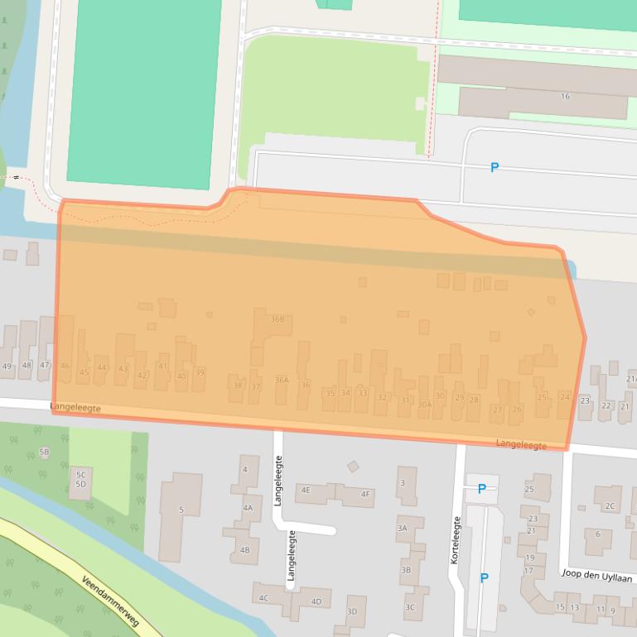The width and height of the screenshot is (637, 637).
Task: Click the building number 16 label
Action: [565, 97]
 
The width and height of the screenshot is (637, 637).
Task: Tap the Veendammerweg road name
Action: [110, 601]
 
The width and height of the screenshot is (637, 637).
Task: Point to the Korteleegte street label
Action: [455, 540]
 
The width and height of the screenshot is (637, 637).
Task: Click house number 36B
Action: [277, 319]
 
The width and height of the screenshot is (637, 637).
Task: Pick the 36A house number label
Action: [282, 381]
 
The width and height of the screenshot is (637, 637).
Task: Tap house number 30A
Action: [424, 405]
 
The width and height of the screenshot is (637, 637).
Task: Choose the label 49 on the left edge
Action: [7, 366]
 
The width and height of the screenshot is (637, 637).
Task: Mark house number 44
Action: [102, 368]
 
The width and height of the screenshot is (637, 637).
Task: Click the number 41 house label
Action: [162, 366]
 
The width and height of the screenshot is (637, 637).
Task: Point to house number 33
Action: [362, 393]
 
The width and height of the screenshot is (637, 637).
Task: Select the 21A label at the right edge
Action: [631, 378]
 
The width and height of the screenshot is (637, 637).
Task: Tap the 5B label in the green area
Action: [44, 453]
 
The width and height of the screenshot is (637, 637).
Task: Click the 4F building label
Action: [365, 495]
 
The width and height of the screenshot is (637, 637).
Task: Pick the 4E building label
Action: [306, 490]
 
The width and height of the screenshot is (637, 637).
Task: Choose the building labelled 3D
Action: [352, 612]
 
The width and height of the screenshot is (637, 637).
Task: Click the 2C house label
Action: [610, 506]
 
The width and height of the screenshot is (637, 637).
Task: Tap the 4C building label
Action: [263, 597]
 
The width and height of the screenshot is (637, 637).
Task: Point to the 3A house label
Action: [402, 528]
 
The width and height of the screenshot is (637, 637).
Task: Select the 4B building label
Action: [244, 550]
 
